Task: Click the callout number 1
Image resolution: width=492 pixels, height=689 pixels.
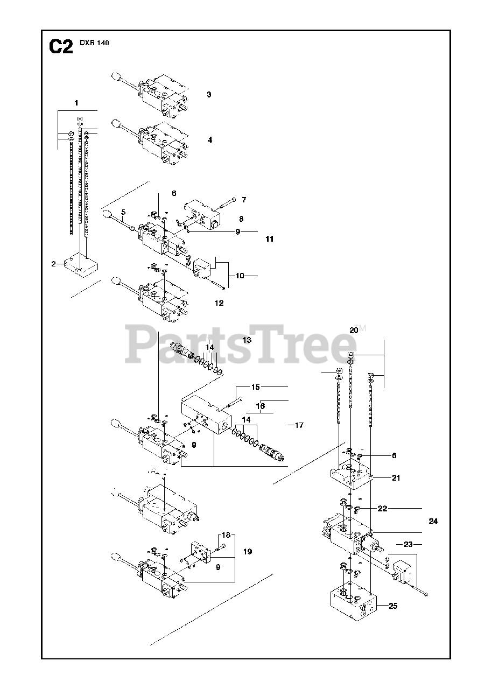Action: [76, 102]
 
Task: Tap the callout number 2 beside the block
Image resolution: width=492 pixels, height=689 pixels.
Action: [54, 264]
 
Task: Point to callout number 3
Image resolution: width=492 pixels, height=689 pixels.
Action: [209, 95]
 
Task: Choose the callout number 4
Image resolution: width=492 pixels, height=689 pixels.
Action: [209, 139]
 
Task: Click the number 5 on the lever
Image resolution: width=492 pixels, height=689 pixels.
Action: [123, 212]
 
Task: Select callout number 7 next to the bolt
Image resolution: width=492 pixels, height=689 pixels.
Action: [244, 200]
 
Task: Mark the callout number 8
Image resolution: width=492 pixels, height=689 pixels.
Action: [241, 219]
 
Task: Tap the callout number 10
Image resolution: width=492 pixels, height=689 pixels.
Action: [240, 276]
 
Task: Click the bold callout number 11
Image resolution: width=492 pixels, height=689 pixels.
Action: [269, 238]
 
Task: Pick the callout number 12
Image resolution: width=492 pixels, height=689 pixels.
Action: [219, 303]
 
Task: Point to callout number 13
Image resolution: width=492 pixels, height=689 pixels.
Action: [247, 340]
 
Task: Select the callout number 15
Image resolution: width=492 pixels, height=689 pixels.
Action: [256, 387]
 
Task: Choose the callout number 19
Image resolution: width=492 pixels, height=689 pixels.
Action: [247, 552]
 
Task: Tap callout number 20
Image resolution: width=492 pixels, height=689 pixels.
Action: [354, 331]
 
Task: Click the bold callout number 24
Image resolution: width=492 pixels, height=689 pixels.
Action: [433, 521]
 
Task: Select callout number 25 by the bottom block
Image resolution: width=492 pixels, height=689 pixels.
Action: [392, 606]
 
